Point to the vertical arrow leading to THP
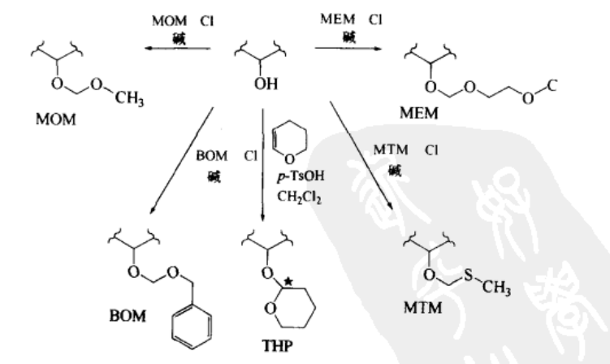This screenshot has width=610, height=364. pos(264,162)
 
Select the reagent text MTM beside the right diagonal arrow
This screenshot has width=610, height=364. pos(387,151)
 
